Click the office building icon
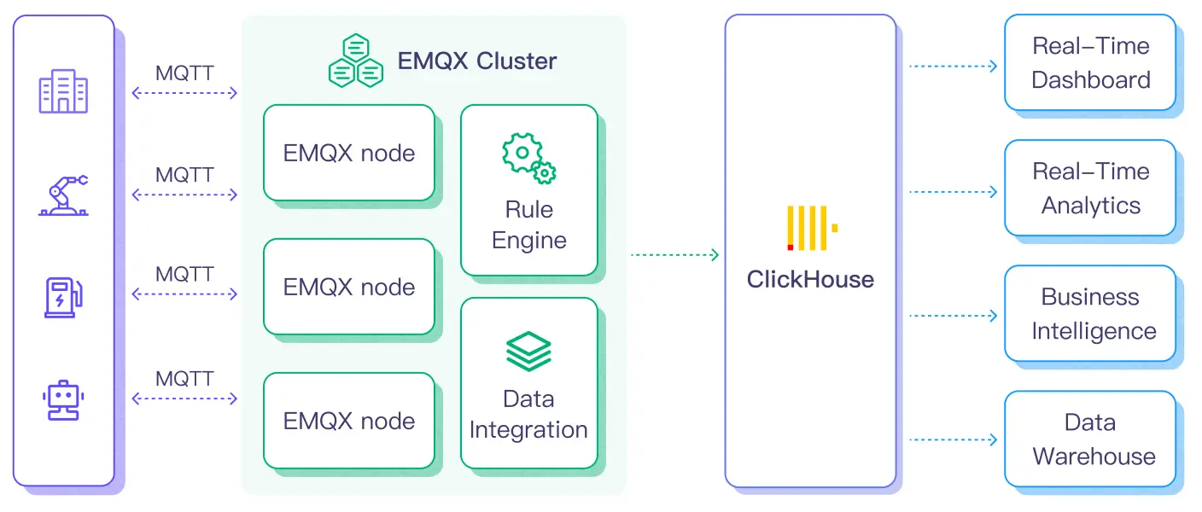[63, 92]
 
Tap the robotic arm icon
[63, 195]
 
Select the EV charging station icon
[63, 296]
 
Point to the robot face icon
[63, 399]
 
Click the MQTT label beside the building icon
[184, 73]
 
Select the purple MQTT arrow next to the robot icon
[184, 399]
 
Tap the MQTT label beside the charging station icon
[184, 275]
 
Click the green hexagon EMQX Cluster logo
[355, 61]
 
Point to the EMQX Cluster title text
[477, 61]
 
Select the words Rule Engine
[528, 225]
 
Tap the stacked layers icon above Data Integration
[528, 351]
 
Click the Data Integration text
[528, 415]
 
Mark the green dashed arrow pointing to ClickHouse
[674, 254]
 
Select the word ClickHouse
[810, 280]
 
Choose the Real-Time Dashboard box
[1090, 62]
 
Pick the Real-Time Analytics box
[1090, 188]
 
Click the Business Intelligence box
[1090, 313]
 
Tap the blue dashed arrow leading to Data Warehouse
[953, 440]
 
